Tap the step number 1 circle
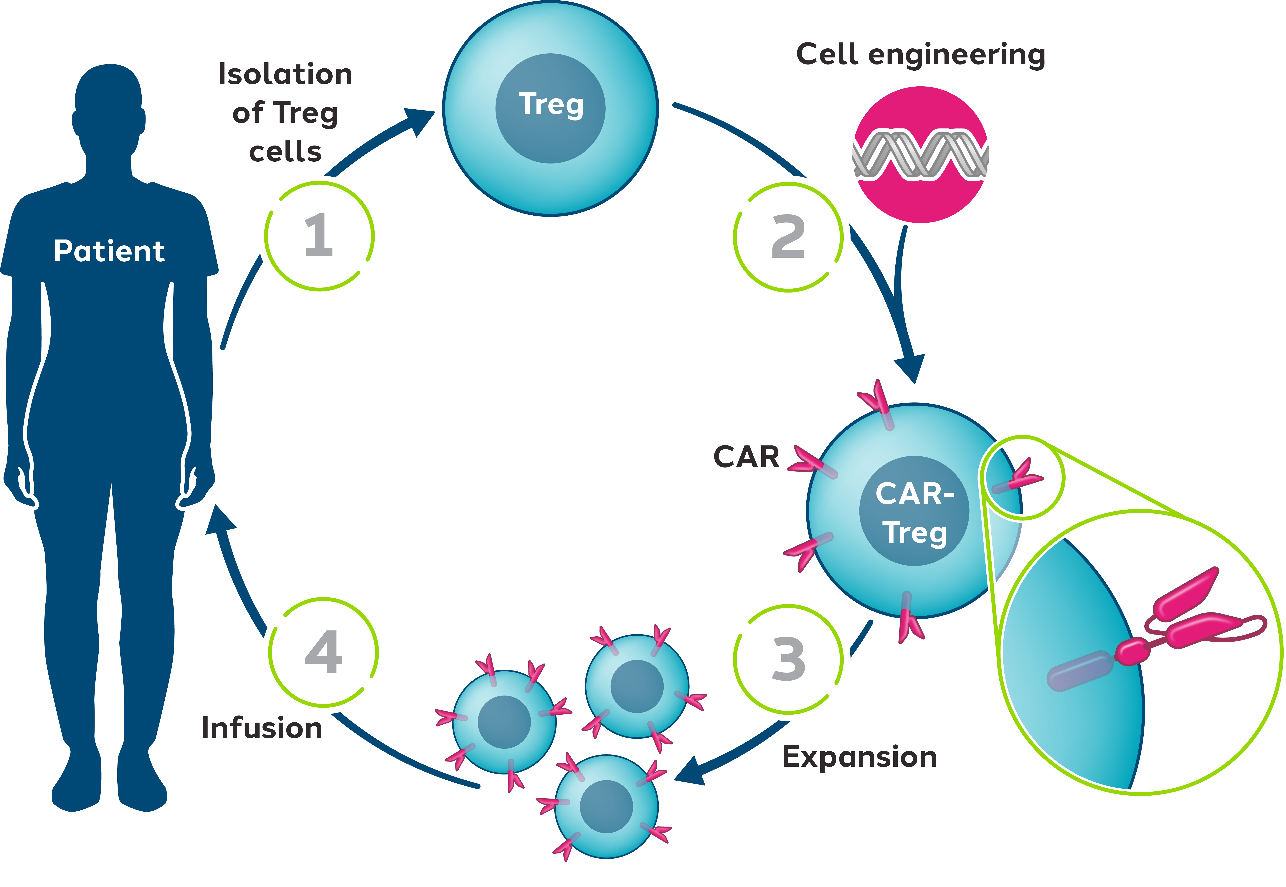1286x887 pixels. [319, 236]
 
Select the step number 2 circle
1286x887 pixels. [788, 237]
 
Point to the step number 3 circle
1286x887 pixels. [788, 659]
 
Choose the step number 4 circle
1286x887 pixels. [323, 652]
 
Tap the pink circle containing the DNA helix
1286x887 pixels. [920, 154]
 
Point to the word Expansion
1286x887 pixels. [859, 757]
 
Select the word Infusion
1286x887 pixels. [262, 728]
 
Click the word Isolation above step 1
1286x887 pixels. [285, 75]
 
